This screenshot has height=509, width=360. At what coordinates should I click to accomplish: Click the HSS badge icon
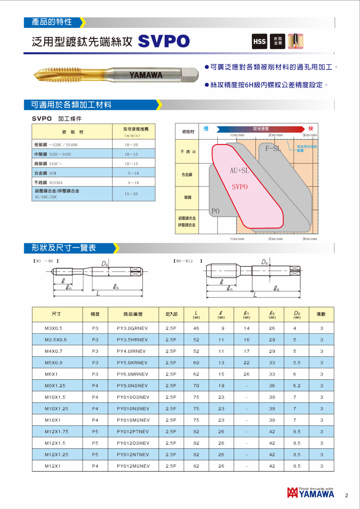tap(259, 41)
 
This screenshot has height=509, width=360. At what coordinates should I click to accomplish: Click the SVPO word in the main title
tap(164, 41)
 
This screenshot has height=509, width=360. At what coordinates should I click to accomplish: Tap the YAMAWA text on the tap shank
tap(146, 75)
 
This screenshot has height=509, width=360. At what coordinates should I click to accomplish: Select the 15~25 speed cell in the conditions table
tap(131, 194)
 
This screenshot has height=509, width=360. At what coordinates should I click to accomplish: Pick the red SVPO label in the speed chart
tap(240, 187)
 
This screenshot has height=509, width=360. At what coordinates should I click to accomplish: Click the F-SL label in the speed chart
tap(273, 148)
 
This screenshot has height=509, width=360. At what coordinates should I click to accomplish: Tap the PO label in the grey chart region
tap(215, 211)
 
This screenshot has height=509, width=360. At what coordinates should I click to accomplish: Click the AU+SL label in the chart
tap(239, 171)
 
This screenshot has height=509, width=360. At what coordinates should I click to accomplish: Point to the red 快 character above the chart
tap(311, 129)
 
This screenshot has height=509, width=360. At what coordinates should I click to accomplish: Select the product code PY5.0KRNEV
tap(132, 363)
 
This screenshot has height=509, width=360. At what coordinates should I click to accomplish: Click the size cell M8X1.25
tap(55, 386)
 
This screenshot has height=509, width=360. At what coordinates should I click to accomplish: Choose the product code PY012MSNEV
tap(133, 466)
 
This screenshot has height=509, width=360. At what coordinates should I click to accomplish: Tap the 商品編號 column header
tap(133, 314)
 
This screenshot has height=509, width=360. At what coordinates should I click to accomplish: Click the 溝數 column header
tap(321, 314)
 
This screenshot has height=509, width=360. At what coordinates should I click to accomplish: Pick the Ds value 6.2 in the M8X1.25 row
tap(297, 386)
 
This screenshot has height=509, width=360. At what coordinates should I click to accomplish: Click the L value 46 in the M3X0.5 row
tap(196, 328)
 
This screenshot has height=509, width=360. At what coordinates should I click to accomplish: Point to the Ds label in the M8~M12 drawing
tap(264, 262)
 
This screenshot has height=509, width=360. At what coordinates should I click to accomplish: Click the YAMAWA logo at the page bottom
tap(310, 493)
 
